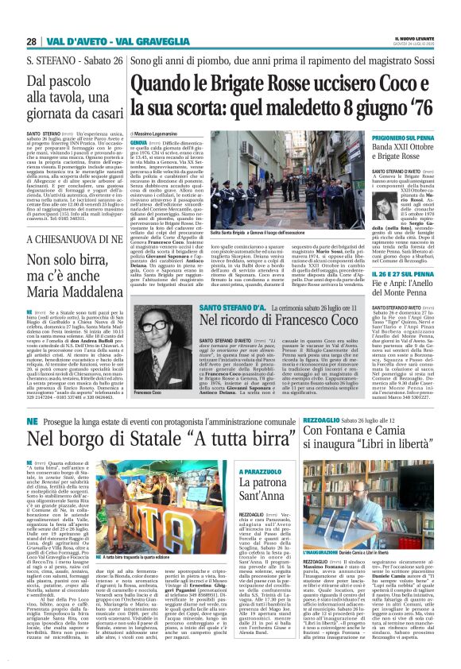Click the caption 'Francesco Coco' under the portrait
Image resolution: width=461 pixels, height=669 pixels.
(x=148, y=416)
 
